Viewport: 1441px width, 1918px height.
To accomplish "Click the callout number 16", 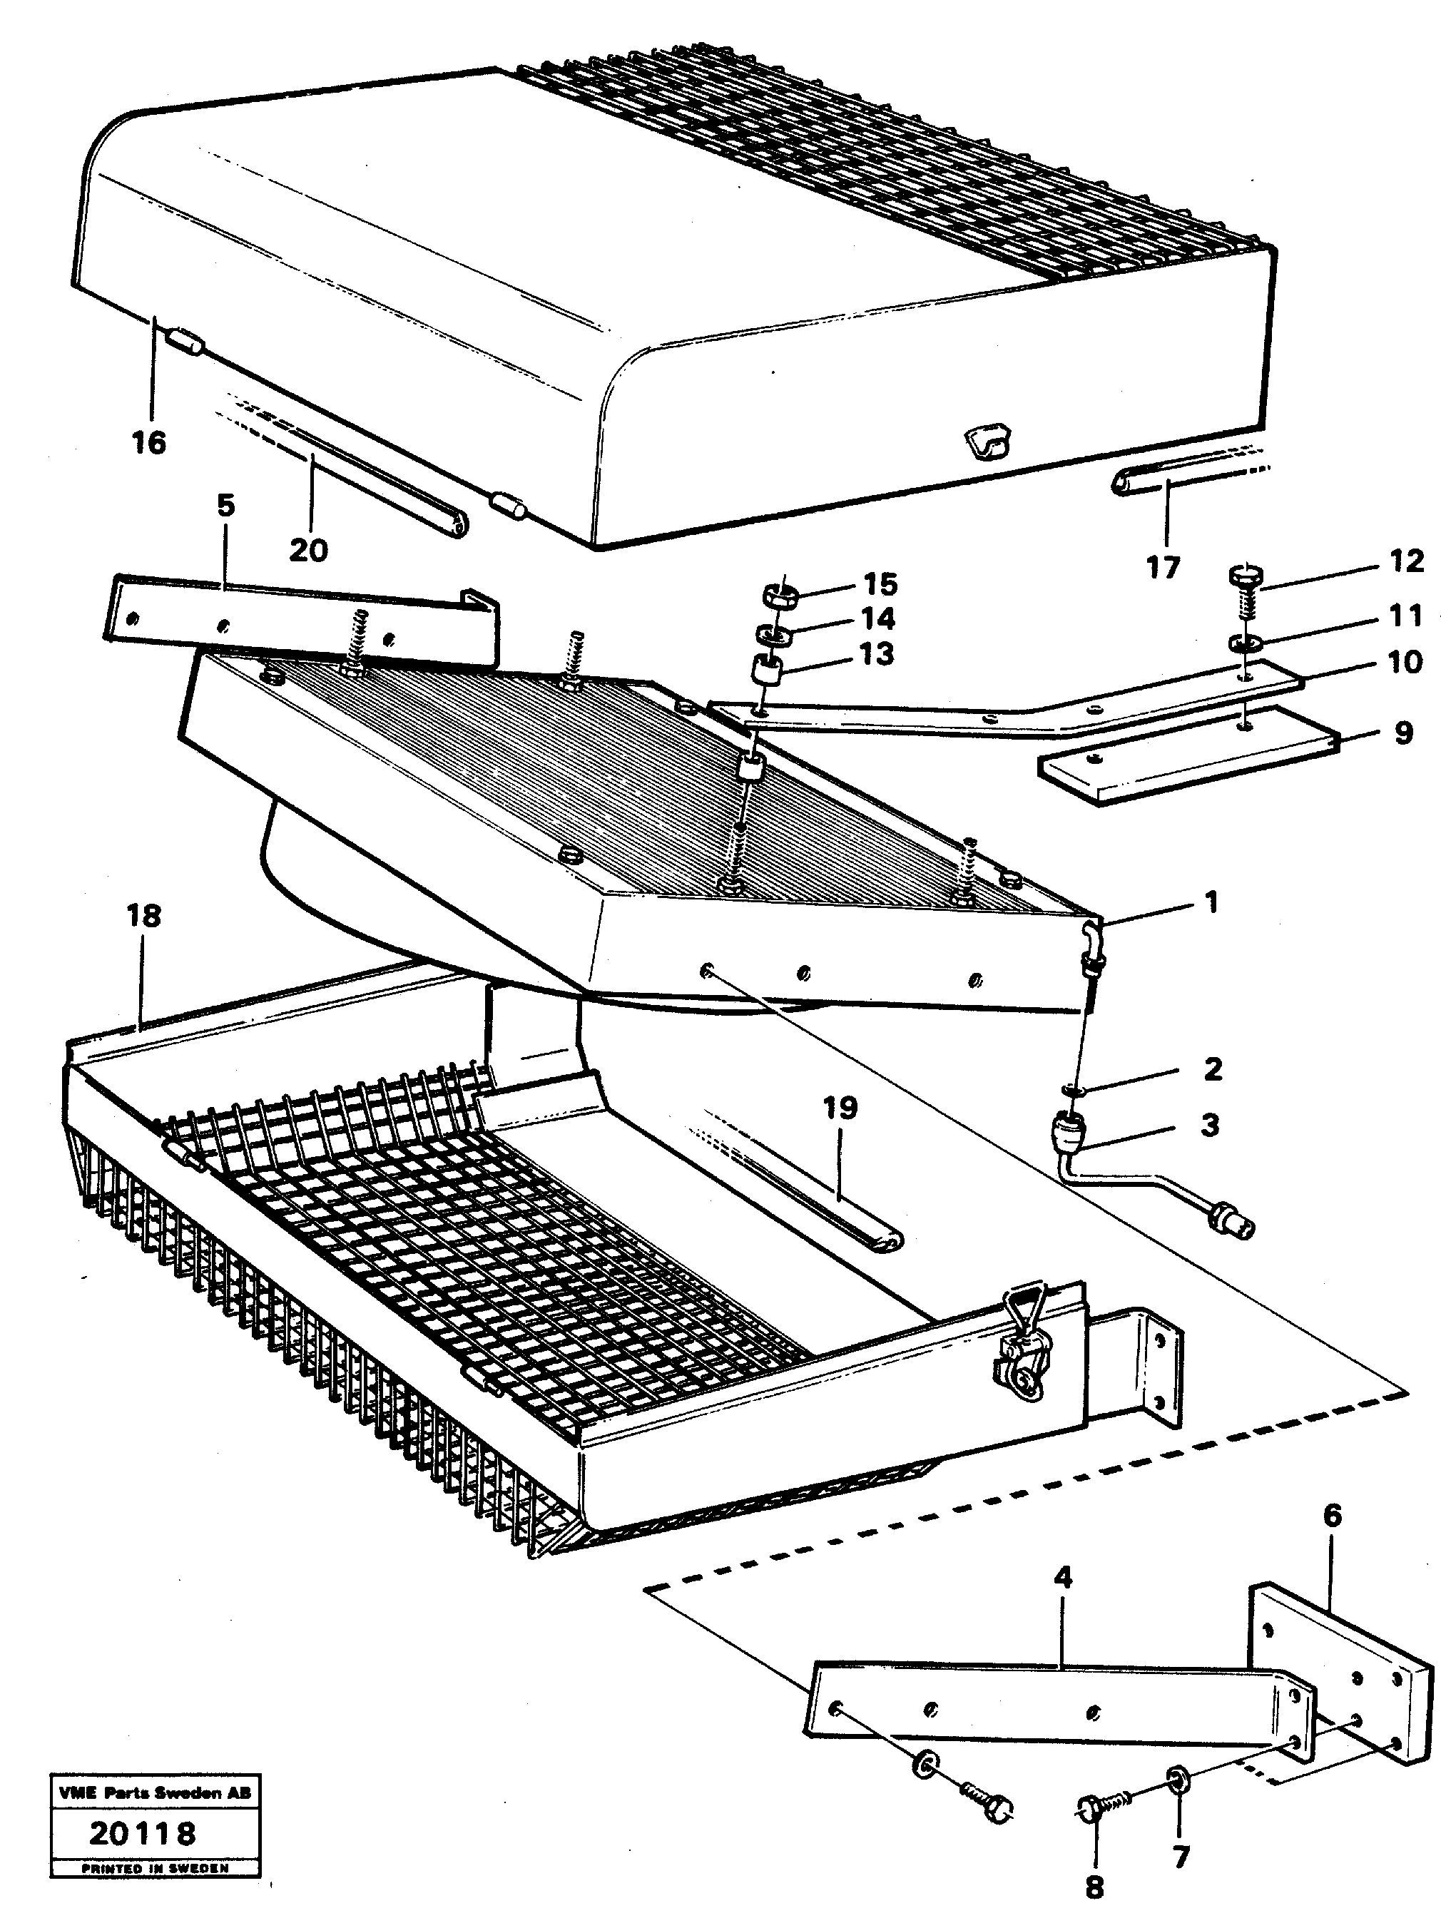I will click(148, 443).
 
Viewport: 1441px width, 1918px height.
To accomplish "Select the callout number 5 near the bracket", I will click(225, 506).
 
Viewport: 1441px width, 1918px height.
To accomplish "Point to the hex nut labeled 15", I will click(780, 596).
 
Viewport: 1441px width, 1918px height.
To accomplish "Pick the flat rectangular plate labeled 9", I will click(1188, 755).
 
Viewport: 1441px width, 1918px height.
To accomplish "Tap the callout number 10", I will click(1405, 663).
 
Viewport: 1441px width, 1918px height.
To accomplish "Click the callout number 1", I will click(1211, 902).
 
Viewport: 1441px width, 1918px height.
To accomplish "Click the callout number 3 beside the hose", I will click(1209, 1126).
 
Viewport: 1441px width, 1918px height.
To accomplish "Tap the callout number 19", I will click(840, 1108).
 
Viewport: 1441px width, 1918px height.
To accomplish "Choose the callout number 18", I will click(144, 916).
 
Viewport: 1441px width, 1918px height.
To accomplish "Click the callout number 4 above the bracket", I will click(1062, 1577).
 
